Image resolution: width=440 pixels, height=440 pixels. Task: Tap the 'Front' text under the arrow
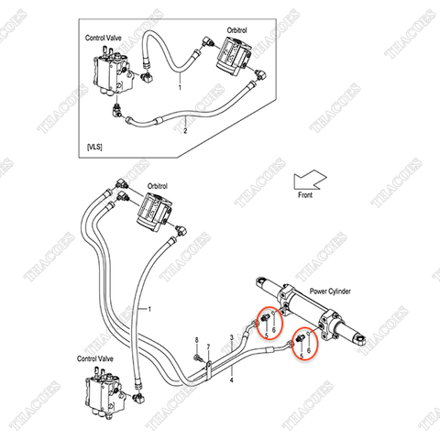click(308, 195)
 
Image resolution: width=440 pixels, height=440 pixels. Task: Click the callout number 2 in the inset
click(185, 132)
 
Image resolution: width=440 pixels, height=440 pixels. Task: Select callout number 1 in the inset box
click(180, 87)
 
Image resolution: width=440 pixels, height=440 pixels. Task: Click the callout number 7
click(208, 347)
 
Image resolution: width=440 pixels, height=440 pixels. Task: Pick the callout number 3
click(231, 338)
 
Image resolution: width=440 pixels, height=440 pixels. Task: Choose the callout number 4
click(231, 379)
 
